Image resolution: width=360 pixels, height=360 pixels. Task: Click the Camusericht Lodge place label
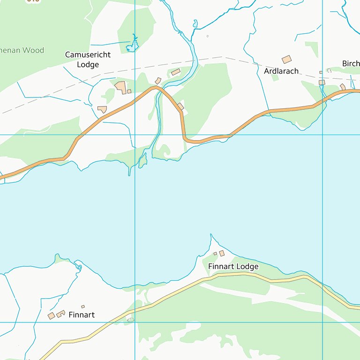click(88, 60)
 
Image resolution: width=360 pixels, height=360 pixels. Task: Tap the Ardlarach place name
click(281, 71)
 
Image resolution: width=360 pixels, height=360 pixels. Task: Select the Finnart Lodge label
click(233, 267)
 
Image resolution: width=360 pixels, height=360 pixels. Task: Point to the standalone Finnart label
click(82, 315)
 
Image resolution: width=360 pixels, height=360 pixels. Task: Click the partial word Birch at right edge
click(351, 64)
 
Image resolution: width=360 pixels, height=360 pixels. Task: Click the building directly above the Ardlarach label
click(286, 60)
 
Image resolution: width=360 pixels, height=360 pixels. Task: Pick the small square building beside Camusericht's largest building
click(129, 91)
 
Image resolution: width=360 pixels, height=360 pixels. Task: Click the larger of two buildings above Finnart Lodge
click(222, 253)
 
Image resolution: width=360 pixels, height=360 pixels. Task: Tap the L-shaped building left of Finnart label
click(60, 314)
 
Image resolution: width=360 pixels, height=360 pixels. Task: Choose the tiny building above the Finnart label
click(83, 307)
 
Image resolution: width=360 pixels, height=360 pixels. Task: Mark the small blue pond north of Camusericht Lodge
click(133, 45)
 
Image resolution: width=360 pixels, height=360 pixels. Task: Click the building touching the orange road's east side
click(181, 107)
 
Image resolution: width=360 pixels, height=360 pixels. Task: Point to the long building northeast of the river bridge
click(176, 72)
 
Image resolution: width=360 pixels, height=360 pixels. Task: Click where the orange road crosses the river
click(158, 89)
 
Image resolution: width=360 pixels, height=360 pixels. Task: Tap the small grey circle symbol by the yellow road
click(130, 320)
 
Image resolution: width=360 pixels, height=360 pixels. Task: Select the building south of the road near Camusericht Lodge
click(102, 109)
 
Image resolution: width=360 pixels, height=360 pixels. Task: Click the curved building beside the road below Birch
click(343, 87)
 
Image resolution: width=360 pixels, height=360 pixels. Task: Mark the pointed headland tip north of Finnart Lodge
click(211, 235)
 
